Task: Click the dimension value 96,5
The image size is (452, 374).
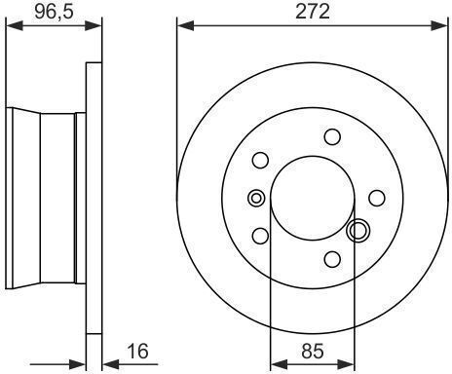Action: pyautogui.click(x=55, y=12)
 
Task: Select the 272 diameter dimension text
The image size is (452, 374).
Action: pyautogui.click(x=313, y=12)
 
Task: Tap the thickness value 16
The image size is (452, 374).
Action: pyautogui.click(x=137, y=351)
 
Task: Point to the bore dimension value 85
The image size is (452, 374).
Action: pyautogui.click(x=313, y=351)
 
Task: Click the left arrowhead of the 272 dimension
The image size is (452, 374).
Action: pyautogui.click(x=185, y=25)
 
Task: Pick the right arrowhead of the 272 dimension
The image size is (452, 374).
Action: pyautogui.click(x=439, y=25)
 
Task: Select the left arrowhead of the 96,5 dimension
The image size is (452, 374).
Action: pyautogui.click(x=15, y=25)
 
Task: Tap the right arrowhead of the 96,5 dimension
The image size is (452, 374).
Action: pyautogui.click(x=94, y=25)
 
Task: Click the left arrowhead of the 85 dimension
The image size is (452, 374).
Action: pyautogui.click(x=279, y=364)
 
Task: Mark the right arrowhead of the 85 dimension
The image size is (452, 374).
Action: pyautogui.click(x=346, y=364)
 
